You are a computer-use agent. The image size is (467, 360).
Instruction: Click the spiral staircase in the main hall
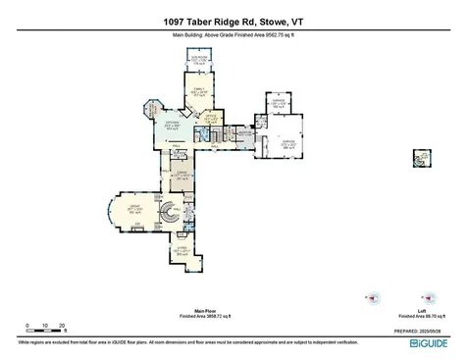(171, 210)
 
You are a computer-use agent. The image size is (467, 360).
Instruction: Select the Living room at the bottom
(182, 251)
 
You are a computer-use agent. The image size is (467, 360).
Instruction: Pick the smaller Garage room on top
(278, 105)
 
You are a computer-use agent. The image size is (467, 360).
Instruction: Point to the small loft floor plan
(423, 156)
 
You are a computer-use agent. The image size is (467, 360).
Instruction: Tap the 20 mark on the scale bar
(63, 325)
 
